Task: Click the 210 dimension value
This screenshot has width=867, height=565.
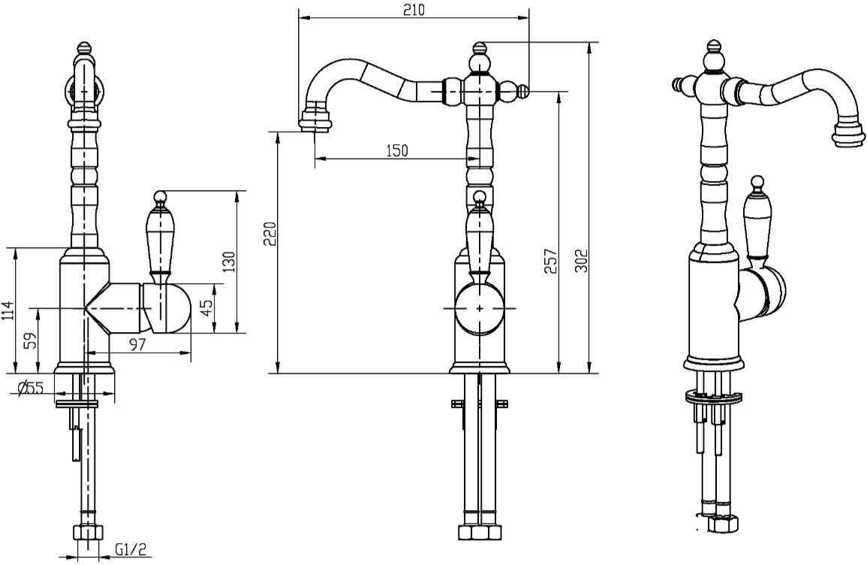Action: [414, 10]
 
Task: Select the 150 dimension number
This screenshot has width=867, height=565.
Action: [397, 150]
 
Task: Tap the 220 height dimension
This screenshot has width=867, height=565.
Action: [269, 234]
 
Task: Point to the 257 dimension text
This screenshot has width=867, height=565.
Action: [551, 261]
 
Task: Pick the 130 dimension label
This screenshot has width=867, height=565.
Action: [229, 262]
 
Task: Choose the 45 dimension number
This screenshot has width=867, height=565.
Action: [206, 308]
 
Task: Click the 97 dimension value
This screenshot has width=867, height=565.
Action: [137, 344]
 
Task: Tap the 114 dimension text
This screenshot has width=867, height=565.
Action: [8, 311]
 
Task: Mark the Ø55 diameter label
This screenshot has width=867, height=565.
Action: [31, 388]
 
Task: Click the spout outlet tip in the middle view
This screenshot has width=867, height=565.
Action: [316, 120]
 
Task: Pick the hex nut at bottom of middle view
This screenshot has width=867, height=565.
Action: [480, 532]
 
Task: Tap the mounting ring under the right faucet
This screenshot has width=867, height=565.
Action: [712, 396]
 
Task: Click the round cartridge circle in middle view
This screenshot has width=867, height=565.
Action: [480, 308]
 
